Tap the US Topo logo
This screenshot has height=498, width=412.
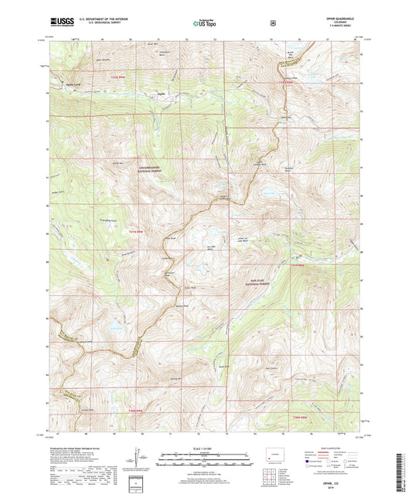[205, 24]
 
